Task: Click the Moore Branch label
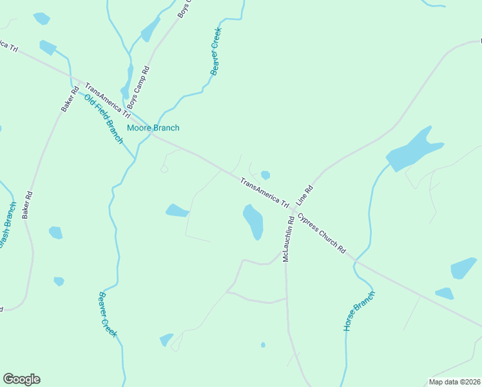[x=153, y=128]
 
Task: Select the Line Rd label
[x=304, y=195]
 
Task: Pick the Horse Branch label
[x=359, y=312]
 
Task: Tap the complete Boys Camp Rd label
[x=138, y=86]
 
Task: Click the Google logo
[x=21, y=379]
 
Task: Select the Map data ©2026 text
[x=454, y=382]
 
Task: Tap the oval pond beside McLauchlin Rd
[x=253, y=221]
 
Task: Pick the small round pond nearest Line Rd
[x=265, y=175]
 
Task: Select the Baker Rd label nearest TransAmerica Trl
[x=70, y=99]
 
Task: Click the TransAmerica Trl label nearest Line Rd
[x=264, y=193]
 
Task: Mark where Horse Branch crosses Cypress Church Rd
[x=354, y=260]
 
